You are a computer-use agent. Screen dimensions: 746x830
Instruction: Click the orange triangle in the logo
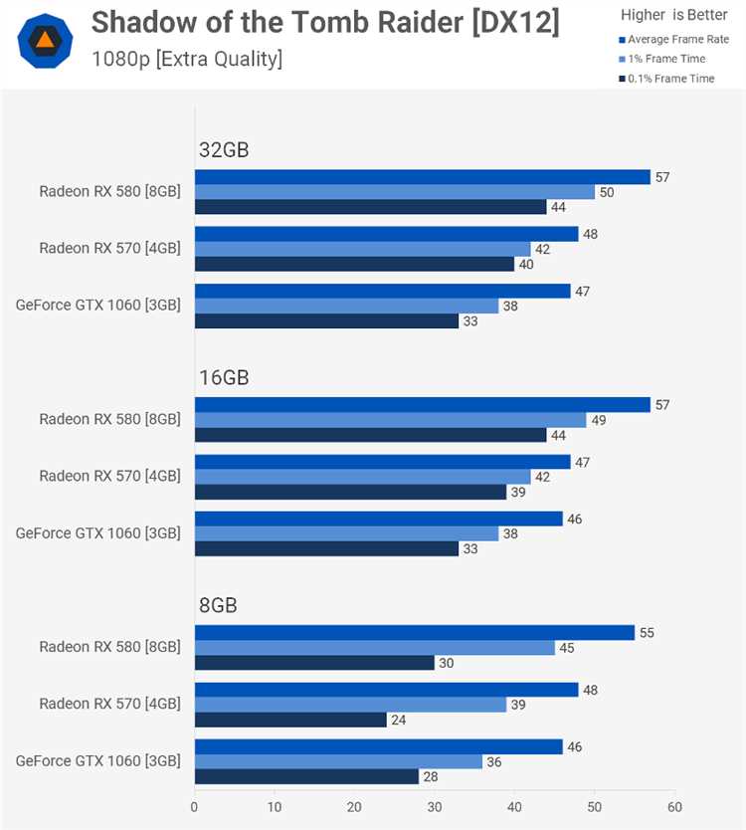pos(45,39)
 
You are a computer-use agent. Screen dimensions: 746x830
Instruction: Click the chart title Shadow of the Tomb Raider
pos(279,23)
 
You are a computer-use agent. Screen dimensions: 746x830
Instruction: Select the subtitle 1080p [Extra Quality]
pos(187,59)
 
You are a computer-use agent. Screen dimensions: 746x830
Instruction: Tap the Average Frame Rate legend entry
pos(674,39)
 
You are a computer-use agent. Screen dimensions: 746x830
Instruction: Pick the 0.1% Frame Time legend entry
pos(666,79)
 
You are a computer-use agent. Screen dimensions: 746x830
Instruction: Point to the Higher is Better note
pos(674,15)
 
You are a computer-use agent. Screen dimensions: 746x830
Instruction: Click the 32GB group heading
pos(224,150)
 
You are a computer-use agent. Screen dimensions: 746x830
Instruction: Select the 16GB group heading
pos(224,377)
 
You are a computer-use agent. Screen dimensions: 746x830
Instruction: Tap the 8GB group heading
pos(218,605)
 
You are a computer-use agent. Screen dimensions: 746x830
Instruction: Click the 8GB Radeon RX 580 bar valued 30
pos(314,663)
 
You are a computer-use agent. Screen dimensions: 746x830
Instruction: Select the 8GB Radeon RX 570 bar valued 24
pos(291,720)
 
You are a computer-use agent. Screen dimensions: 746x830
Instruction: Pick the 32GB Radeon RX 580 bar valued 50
pos(395,192)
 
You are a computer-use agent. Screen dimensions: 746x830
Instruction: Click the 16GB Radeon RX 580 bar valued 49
pos(391,420)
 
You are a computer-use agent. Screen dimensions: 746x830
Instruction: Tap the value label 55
pos(647,633)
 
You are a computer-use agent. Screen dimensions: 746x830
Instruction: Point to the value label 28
pos(431,776)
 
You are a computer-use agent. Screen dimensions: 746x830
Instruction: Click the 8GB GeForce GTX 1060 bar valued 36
pos(338,761)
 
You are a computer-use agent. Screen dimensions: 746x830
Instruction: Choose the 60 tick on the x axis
pos(674,807)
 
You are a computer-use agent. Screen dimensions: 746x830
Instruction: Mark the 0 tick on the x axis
pos(194,807)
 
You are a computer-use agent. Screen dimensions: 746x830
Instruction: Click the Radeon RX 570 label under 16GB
pos(110,476)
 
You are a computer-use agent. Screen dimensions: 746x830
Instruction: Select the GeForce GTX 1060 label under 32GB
pos(97,305)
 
